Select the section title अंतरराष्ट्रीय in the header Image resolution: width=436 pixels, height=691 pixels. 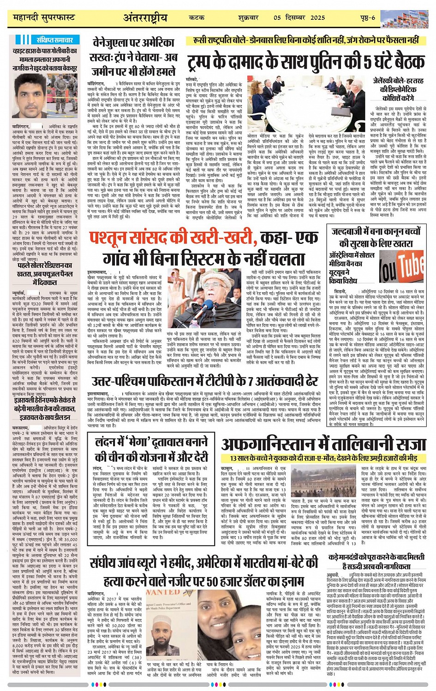145,18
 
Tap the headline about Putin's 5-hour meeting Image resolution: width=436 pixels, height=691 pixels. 305,61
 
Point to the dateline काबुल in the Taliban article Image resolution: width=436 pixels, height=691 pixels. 227,468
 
